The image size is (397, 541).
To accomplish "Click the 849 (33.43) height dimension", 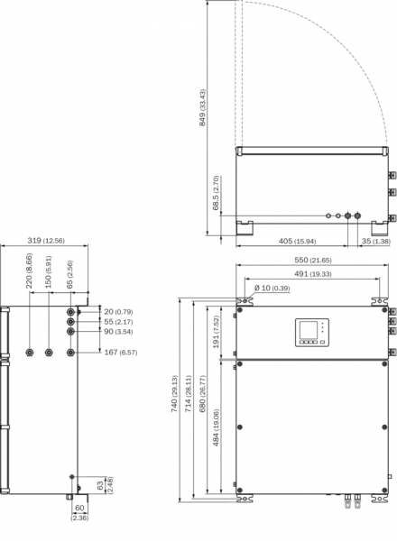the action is [x=202, y=107].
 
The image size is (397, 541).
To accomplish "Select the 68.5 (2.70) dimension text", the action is [x=217, y=193].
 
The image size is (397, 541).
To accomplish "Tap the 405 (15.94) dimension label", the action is [x=297, y=241].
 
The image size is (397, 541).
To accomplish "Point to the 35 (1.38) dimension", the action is [x=376, y=241].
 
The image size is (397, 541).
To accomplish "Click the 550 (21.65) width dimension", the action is [x=313, y=261].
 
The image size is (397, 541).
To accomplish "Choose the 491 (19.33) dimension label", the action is [x=313, y=274].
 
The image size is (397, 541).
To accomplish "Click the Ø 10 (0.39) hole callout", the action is [x=272, y=289].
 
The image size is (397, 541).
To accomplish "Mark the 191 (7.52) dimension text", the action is [x=217, y=332].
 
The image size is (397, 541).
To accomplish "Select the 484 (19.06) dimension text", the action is [x=217, y=427].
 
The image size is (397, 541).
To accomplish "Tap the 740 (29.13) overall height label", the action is [x=175, y=394].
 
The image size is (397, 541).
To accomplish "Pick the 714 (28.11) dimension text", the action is [x=189, y=394].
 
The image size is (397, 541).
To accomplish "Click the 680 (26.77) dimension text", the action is [x=202, y=394].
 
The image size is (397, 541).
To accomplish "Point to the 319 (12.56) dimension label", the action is [x=46, y=241].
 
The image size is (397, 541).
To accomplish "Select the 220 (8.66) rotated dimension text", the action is [x=30, y=270].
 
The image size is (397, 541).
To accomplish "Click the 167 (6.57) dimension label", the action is [x=121, y=353].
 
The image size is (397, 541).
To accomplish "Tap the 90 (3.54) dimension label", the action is [x=118, y=332].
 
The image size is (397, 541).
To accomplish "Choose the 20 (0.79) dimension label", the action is [x=118, y=312].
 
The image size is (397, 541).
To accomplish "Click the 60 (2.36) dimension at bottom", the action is [x=79, y=512].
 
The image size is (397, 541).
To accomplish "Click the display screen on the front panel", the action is [x=308, y=329].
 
